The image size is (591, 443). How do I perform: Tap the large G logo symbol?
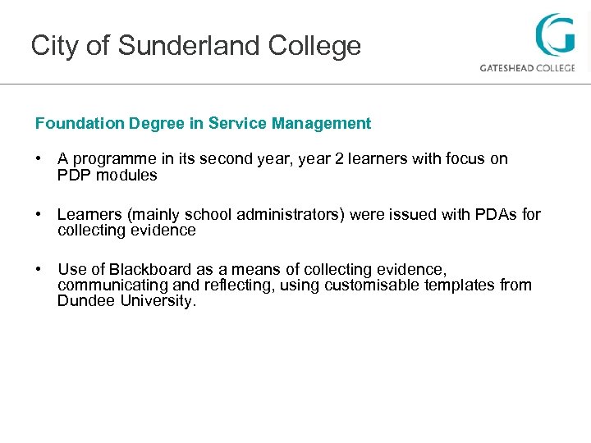coord(555,35)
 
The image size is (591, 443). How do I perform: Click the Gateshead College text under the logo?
coord(527,68)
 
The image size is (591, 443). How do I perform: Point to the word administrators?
coord(291,215)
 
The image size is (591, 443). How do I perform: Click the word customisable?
coord(374,285)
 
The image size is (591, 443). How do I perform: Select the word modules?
coord(130,175)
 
